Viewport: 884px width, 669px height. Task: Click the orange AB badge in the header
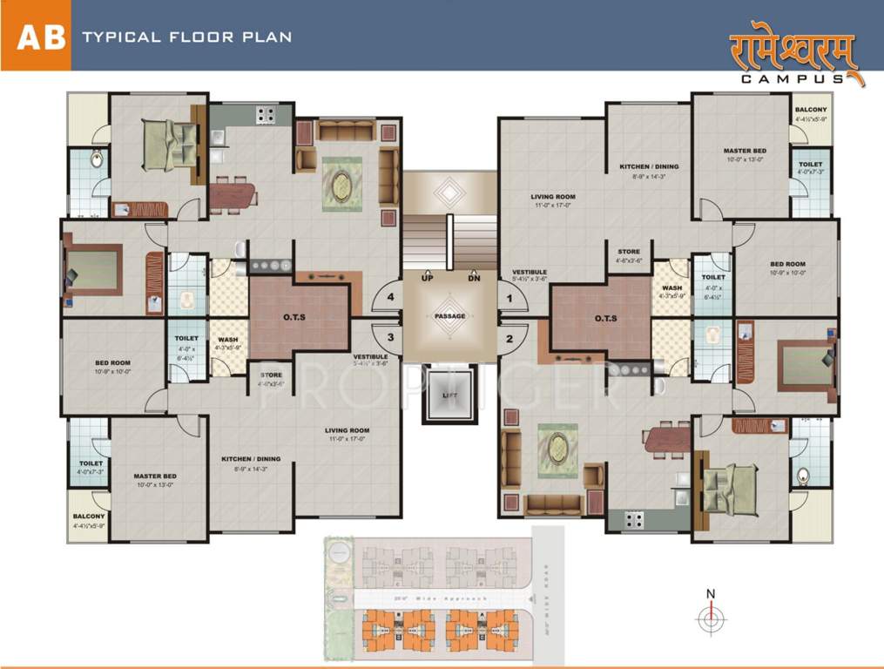point(36,37)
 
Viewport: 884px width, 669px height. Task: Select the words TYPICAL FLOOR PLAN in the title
point(186,37)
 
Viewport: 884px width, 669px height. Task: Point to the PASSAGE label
point(449,316)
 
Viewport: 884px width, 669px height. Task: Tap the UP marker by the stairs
point(428,278)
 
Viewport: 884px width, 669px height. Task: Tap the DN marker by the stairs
point(473,278)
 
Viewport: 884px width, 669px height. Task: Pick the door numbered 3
point(391,337)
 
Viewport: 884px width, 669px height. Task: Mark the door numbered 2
point(510,337)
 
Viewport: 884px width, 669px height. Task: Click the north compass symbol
point(711,617)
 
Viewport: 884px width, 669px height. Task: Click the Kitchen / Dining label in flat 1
point(649,166)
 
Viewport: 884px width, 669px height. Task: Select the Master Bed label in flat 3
point(155,476)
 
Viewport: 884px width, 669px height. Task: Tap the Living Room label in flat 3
point(348,430)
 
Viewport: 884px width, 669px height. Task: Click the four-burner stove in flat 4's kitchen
point(265,113)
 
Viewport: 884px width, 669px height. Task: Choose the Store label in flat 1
point(629,252)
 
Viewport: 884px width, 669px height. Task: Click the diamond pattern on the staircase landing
point(449,191)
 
